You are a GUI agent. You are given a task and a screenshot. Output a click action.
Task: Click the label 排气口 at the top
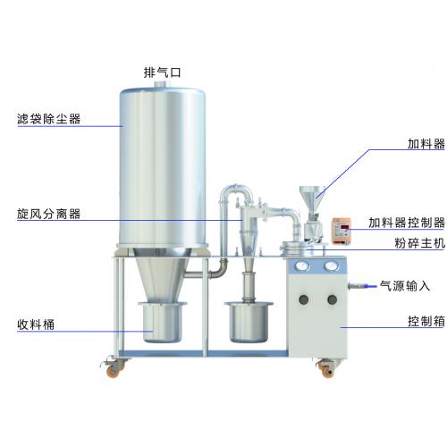[163, 72]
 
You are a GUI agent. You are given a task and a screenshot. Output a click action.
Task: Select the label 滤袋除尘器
[49, 119]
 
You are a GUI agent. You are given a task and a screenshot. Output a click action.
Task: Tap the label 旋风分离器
[48, 214]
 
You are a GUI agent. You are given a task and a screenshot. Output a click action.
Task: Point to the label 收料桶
[36, 325]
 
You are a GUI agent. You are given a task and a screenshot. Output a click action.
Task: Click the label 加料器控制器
[407, 223]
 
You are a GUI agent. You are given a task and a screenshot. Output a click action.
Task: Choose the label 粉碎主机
[420, 243]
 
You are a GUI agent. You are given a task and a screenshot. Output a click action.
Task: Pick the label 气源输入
[405, 286]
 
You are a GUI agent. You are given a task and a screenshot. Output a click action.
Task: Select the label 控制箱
[426, 321]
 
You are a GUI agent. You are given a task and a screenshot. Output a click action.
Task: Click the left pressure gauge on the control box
[302, 266]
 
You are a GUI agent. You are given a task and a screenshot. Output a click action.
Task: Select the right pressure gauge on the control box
[331, 266]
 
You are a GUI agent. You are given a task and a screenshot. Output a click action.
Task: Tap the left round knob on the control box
[303, 299]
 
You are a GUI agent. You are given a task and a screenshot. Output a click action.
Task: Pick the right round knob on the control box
[332, 299]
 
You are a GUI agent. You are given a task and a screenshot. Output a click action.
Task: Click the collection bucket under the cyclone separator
[249, 322]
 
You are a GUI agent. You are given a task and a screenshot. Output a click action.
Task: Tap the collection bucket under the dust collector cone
[162, 322]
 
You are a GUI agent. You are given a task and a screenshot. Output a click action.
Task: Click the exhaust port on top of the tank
[162, 84]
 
